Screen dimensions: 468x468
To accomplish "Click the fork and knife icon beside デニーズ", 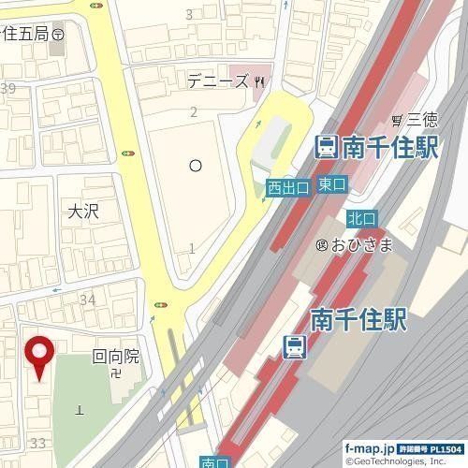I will point(261,81).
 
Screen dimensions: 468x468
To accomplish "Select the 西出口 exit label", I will point(287,188).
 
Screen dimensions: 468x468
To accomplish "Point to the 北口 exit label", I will point(361,218).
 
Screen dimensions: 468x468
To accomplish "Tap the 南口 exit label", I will point(214,461).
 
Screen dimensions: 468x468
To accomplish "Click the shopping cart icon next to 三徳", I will point(399,120).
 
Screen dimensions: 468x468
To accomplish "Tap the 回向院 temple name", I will point(115,356).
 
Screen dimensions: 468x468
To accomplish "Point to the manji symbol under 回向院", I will point(114,373).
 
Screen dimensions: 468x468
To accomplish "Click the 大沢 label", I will point(82,212).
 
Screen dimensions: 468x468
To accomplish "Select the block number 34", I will point(89,300).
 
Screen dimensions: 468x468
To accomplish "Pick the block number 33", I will point(38,442).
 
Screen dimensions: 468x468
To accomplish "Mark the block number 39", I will point(9,89).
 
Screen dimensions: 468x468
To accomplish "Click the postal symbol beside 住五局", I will point(58,33).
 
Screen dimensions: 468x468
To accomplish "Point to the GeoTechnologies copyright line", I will point(403,461).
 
